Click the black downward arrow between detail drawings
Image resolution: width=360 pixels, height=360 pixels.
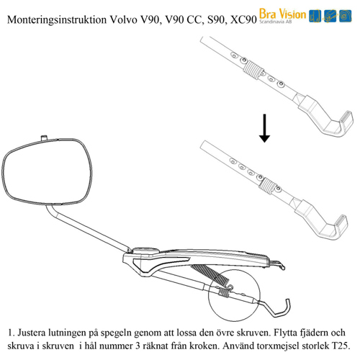coord(264,128)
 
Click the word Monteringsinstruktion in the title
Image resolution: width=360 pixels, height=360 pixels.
coord(57,19)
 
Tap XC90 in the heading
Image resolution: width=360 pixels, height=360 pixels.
coord(243,20)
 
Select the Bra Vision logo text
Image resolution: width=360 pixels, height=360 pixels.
coord(282,14)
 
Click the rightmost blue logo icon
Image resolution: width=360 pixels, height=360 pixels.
coord(346,16)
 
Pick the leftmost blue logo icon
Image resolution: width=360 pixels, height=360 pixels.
coord(315,16)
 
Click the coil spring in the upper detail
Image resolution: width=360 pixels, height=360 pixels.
coord(253,69)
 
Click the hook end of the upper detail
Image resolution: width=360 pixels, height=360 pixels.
coord(346,120)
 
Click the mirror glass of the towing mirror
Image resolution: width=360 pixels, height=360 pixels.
coord(48,171)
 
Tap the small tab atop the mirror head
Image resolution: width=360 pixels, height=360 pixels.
coord(44,138)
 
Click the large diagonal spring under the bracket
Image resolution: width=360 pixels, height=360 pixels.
coord(210,274)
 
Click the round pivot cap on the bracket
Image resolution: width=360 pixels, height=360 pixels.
coord(145,251)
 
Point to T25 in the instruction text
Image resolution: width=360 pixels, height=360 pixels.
coord(341,346)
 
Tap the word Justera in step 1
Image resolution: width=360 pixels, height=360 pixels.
coord(32,333)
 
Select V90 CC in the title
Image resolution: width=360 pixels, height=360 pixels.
coord(183,20)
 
